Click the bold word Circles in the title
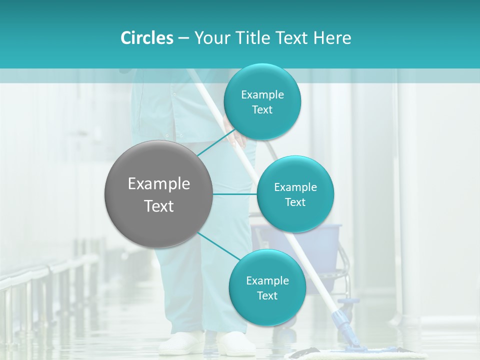[x=146, y=38]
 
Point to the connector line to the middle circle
[x=235, y=194]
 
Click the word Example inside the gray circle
[x=159, y=184]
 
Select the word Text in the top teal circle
[x=262, y=110]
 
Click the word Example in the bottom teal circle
[x=267, y=281]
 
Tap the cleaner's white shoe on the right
[x=235, y=344]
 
